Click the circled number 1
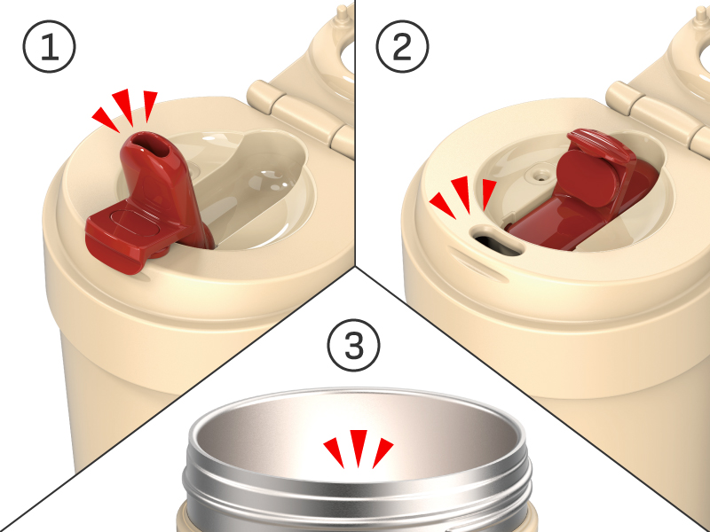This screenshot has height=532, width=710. pos(50,46)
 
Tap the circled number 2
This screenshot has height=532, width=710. pos(402,46)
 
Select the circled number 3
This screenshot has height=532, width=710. pos(354,345)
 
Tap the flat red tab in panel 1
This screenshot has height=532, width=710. pos(122,238)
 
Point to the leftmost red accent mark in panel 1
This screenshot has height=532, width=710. pos(106,120)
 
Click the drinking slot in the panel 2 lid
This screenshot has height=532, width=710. pos(497,241)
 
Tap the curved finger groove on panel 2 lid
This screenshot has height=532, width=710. pos(477,263)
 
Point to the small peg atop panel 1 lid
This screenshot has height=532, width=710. pos(345,11)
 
